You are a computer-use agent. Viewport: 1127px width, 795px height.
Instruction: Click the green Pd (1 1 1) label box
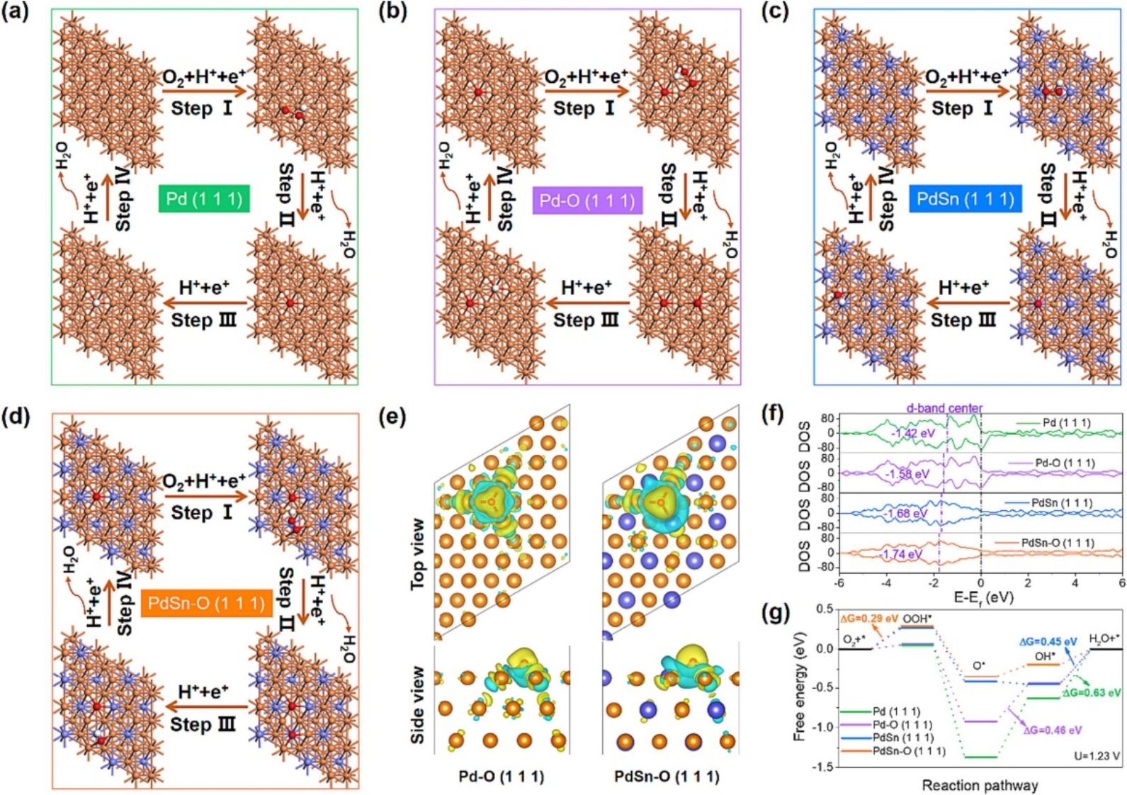[x=204, y=198]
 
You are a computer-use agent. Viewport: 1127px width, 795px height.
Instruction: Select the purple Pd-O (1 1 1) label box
[x=587, y=201]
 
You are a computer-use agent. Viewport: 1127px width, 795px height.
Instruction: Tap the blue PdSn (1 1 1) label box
[x=965, y=199]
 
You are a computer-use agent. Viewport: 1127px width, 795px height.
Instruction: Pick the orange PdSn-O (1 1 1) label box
[x=206, y=604]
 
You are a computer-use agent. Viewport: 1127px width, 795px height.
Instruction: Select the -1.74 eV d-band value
[x=901, y=554]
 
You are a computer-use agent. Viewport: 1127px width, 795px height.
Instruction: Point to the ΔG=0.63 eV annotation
[x=1092, y=692]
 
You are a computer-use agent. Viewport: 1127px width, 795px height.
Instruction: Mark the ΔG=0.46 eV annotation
[x=1052, y=730]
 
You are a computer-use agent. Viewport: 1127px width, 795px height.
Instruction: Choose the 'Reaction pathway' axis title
[x=980, y=785]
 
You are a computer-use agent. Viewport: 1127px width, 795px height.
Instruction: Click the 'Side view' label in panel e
[x=418, y=704]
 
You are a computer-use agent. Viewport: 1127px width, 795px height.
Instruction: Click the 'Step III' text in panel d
[x=203, y=725]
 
